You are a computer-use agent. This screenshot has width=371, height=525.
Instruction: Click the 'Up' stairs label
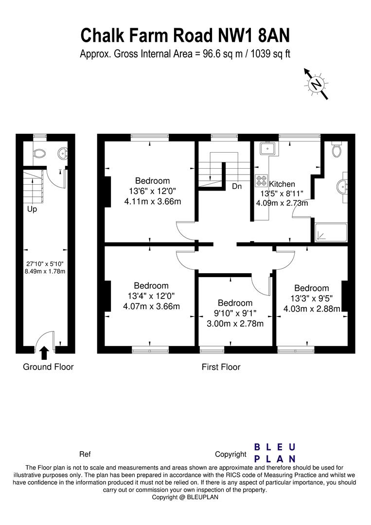(x=32, y=210)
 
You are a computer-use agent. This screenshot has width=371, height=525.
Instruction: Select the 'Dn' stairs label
(x=237, y=186)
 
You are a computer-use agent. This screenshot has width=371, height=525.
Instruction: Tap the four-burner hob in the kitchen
(x=262, y=180)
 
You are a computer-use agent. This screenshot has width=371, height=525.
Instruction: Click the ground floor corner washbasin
(x=62, y=154)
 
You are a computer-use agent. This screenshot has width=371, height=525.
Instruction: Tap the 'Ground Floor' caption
(x=48, y=367)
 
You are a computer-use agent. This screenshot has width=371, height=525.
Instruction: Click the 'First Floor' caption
(x=221, y=367)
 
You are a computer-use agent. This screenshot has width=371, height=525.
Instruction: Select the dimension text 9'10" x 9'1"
(x=234, y=313)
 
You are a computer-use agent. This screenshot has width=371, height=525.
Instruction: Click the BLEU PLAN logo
(x=275, y=453)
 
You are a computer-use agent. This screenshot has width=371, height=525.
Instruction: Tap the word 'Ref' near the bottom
(x=85, y=455)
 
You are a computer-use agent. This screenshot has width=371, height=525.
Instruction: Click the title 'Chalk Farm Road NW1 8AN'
(x=185, y=35)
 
